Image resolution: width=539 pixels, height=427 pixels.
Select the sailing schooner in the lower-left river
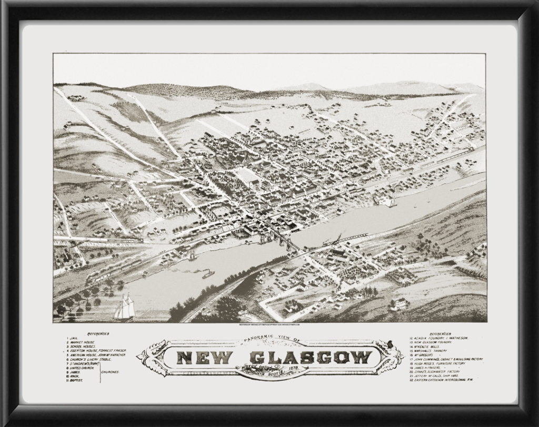pos(124,307)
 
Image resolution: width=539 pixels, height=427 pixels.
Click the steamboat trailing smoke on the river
pos(207,274)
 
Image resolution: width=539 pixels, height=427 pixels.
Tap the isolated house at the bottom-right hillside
pos(398,303)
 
